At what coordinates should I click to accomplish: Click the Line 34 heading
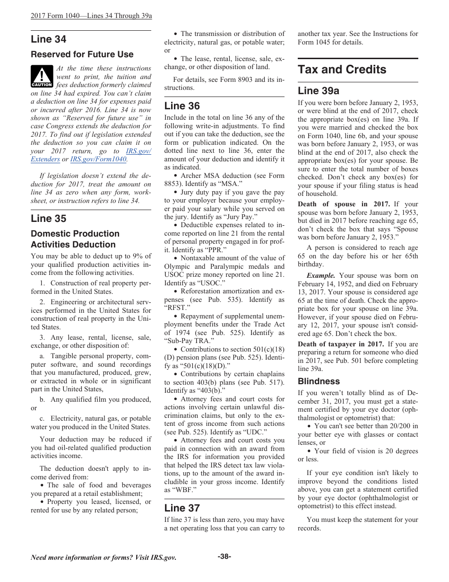(49, 39)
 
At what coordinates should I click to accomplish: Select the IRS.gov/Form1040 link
(98, 159)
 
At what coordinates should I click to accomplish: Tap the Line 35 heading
(49, 219)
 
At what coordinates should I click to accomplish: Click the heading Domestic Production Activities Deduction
(75, 239)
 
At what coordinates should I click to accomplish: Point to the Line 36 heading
(182, 106)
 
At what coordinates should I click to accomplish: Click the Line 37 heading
(182, 508)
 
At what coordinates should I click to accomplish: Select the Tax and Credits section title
(342, 70)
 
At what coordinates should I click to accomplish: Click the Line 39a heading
(319, 91)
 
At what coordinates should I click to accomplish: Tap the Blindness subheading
(319, 381)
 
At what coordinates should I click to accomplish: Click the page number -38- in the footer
(224, 556)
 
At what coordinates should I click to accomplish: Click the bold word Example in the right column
(321, 275)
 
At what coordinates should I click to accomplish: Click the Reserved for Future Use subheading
(82, 54)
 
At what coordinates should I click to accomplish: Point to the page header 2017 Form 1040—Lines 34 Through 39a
(91, 16)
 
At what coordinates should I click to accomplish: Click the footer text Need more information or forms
(104, 557)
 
